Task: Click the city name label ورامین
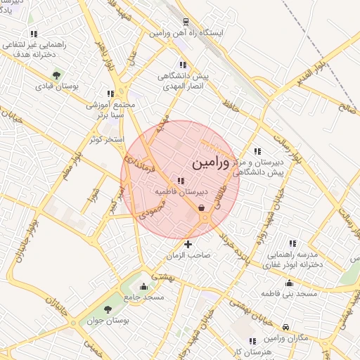[x=210, y=163]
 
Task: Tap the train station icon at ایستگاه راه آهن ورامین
[x=186, y=21]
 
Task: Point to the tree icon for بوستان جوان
[x=108, y=309]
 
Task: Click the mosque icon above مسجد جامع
[x=144, y=286]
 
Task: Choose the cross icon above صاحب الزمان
[x=187, y=244]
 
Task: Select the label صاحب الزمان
[x=187, y=256]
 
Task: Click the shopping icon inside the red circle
[x=202, y=207]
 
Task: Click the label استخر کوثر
[x=107, y=139]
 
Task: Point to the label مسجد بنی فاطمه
[x=288, y=292]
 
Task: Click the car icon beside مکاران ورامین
[x=286, y=328]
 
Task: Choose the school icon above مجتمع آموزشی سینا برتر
[x=110, y=92]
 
